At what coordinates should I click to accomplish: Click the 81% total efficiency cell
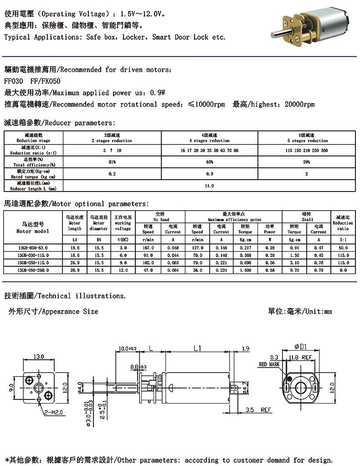click(112, 162)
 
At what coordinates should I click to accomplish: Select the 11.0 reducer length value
click(209, 186)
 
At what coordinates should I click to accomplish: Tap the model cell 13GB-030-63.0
click(33, 247)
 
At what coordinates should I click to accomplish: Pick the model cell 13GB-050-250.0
click(33, 270)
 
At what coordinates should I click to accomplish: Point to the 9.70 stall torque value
click(294, 270)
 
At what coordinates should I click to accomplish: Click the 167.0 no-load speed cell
click(148, 247)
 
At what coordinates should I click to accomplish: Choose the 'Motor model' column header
click(33, 228)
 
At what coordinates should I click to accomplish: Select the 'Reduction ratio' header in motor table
click(343, 223)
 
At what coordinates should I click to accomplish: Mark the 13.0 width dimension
click(39, 356)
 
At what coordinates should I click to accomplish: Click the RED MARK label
click(269, 365)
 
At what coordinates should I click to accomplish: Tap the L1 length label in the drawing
click(197, 348)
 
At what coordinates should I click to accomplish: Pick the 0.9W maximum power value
click(156, 93)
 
